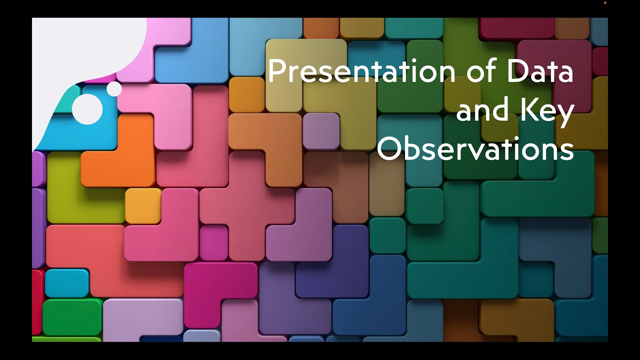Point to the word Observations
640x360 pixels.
(475, 149)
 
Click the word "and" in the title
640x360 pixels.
(480, 111)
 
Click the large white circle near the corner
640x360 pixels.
(87, 108)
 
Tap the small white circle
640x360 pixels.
(114, 89)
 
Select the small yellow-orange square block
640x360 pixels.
(142, 205)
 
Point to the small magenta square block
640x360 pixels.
(214, 243)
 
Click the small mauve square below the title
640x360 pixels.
(321, 131)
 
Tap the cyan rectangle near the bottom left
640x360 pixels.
(66, 283)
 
